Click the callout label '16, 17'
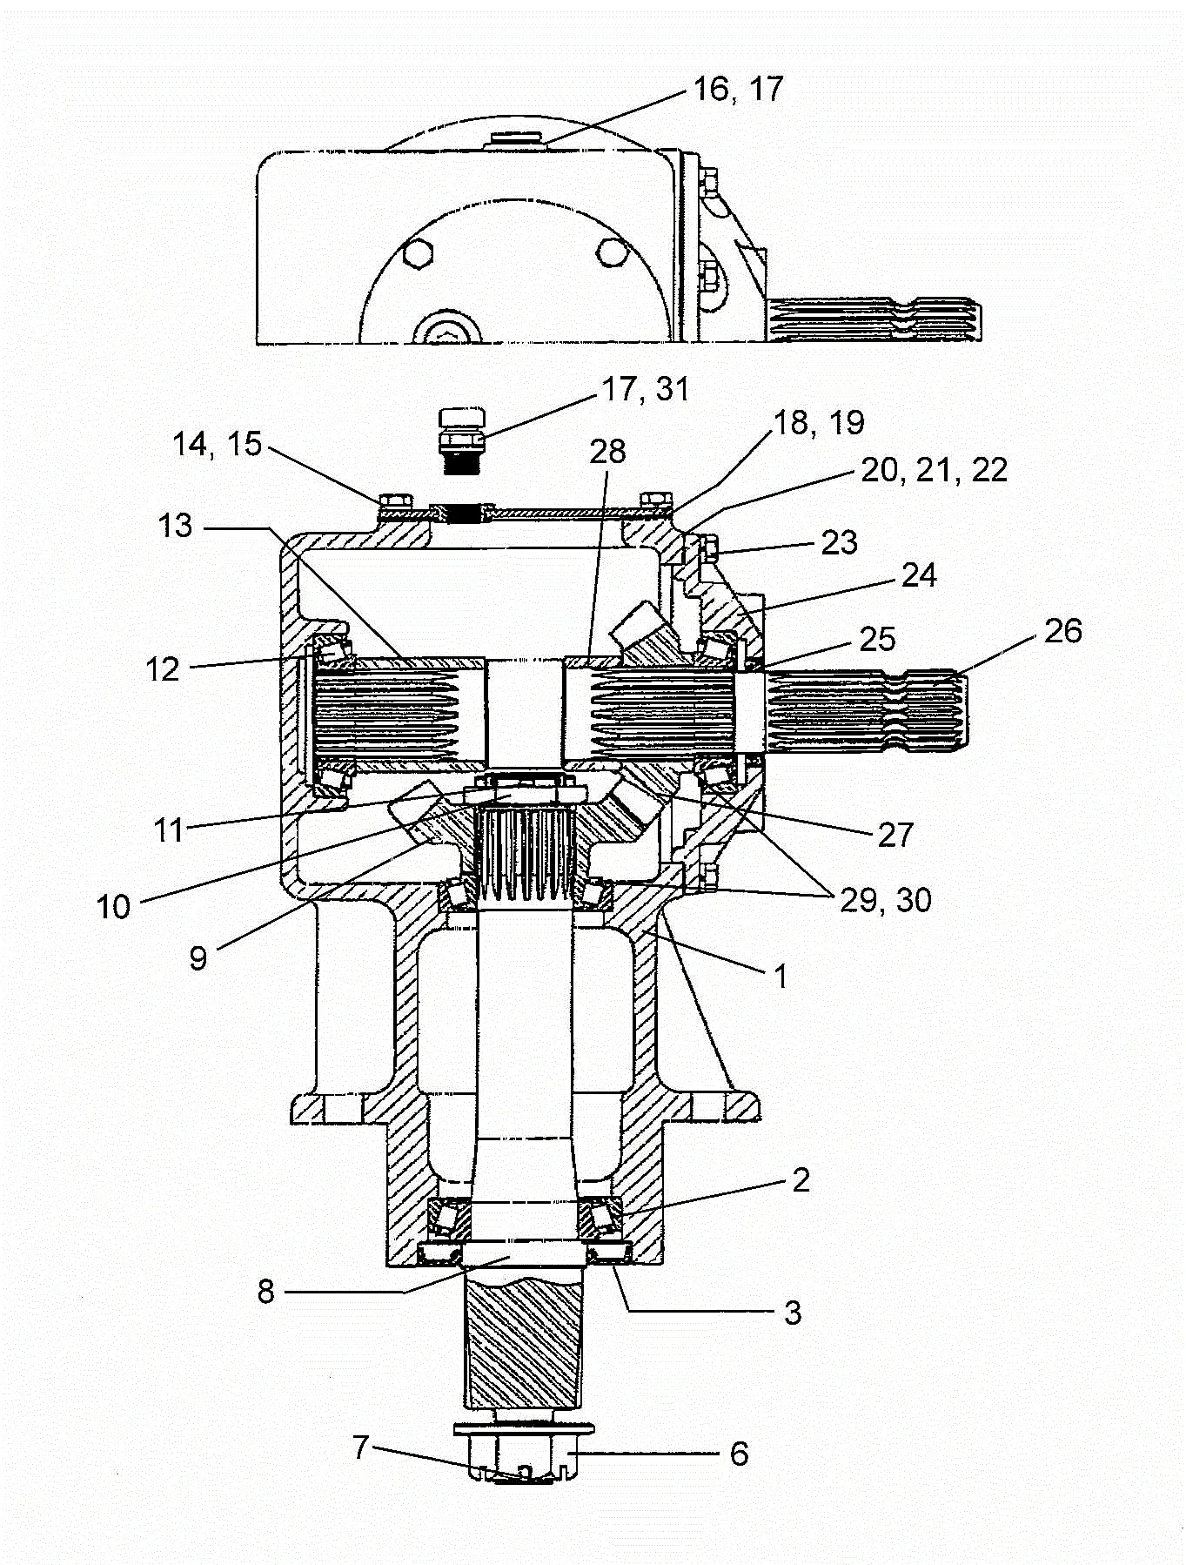[x=738, y=89]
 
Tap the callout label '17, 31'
[x=647, y=389]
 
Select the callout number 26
[x=1062, y=631]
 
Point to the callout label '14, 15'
[x=217, y=445]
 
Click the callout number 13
[x=175, y=526]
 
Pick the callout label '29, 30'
[x=886, y=900]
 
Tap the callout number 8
[x=266, y=1292]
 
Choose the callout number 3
[x=793, y=1312]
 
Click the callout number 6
[x=739, y=1453]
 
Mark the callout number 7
[x=362, y=1447]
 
